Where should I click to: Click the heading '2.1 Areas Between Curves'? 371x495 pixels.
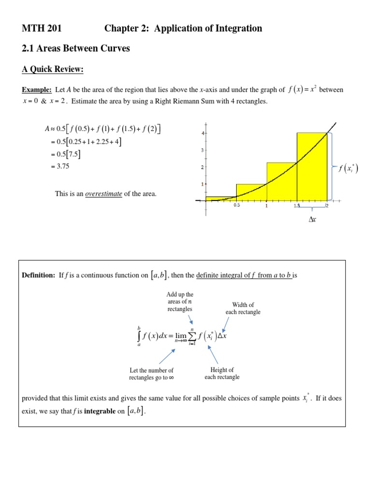point(76,49)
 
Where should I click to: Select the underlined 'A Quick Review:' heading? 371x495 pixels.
point(53,70)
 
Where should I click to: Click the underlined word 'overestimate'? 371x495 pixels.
point(103,194)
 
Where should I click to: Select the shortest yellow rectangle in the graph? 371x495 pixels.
point(221,198)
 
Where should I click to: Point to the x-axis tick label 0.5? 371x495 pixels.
point(237,205)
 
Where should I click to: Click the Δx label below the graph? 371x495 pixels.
point(313,219)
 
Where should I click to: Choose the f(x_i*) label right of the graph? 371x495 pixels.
point(348,168)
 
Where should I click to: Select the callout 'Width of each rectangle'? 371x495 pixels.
point(243,308)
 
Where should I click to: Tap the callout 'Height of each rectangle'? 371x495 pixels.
point(222,373)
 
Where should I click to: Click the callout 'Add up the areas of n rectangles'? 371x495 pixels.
point(180,302)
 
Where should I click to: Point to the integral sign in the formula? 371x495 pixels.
point(139,336)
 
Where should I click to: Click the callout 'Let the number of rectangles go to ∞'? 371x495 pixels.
point(151,374)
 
